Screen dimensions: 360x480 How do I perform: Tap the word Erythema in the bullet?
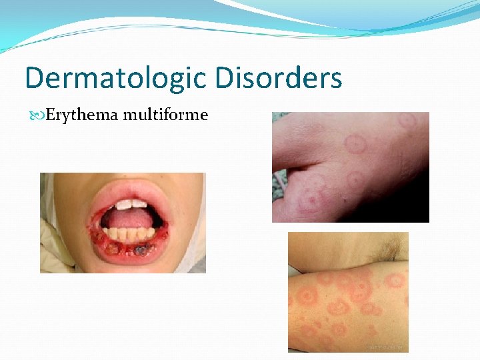click(77, 115)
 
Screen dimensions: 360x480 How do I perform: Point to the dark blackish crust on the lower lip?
click(141, 250)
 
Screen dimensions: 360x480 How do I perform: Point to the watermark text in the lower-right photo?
click(385, 347)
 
